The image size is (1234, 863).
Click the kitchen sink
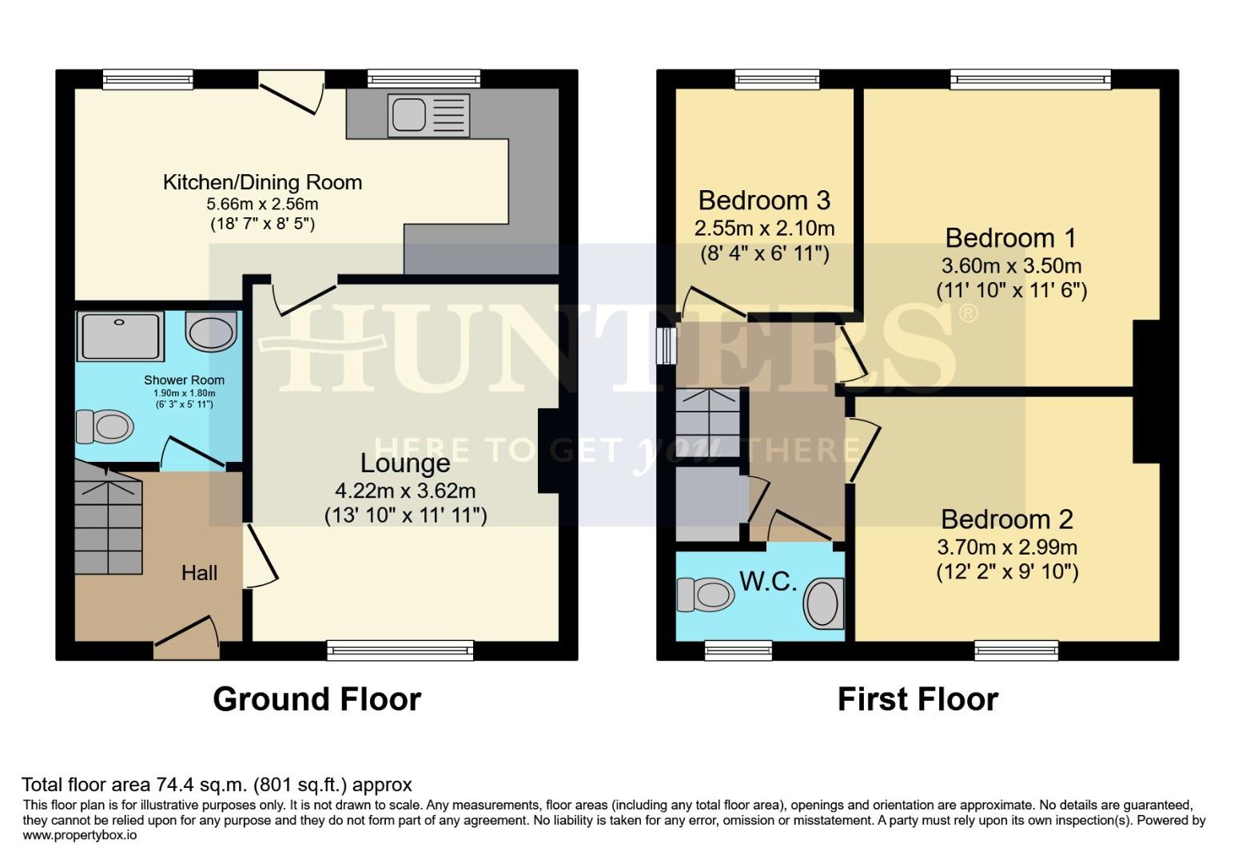point(428,113)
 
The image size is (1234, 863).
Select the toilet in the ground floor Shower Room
point(104,427)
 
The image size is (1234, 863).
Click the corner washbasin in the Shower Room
point(212,331)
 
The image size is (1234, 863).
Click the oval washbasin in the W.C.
point(822,603)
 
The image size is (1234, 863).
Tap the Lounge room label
point(404,463)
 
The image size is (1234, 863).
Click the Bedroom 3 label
point(764,200)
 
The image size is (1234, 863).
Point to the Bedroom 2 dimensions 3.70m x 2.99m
point(1007,547)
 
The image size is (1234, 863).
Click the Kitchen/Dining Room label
point(262,182)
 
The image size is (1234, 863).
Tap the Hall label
point(199,573)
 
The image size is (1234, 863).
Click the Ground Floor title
point(316,699)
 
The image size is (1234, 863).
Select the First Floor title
point(918,699)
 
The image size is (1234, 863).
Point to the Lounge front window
point(400,650)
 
